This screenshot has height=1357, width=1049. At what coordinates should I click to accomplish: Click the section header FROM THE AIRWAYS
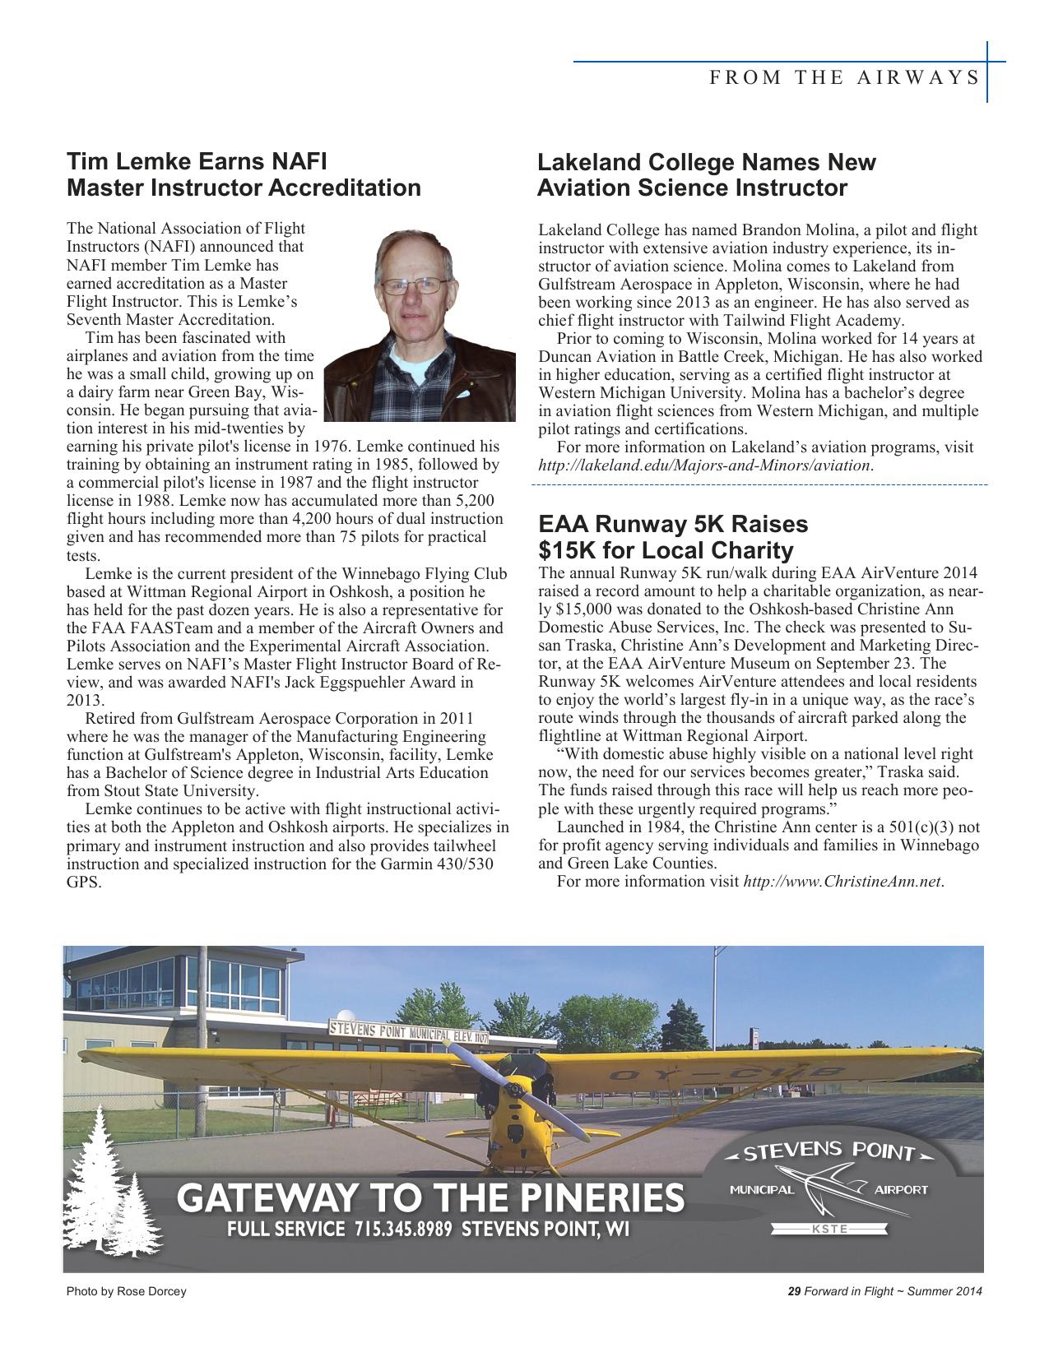(x=844, y=78)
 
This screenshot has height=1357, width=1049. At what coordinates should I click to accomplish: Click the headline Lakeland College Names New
(x=706, y=162)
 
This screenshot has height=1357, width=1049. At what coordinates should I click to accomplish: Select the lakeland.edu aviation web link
(x=704, y=465)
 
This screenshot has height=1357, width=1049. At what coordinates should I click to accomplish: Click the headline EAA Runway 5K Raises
(x=672, y=524)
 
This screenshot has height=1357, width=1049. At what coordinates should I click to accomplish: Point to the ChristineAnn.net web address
(x=842, y=882)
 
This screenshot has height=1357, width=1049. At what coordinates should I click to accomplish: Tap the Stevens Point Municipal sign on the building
(x=409, y=1031)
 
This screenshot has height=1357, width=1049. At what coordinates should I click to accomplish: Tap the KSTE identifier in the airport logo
(x=829, y=1230)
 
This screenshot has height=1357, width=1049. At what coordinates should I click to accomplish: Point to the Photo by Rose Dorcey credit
(x=126, y=1291)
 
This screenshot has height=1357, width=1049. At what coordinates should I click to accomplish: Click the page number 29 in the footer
(x=794, y=1291)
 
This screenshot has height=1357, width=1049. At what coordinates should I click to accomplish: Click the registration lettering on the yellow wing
(x=724, y=1073)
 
